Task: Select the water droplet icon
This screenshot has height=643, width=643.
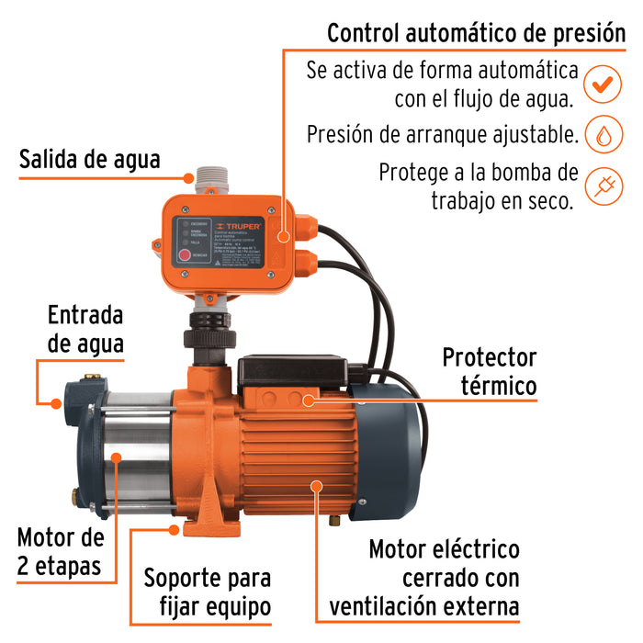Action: pyautogui.click(x=603, y=135)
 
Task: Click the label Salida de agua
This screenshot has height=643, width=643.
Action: pyautogui.click(x=90, y=159)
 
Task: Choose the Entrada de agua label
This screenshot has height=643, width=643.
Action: pyautogui.click(x=85, y=330)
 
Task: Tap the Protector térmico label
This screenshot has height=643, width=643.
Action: pyautogui.click(x=489, y=371)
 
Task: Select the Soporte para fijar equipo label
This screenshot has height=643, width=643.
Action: pyautogui.click(x=208, y=592)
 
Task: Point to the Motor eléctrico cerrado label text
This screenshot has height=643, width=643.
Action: pyautogui.click(x=445, y=578)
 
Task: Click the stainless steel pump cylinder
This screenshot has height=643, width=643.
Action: pyautogui.click(x=138, y=450)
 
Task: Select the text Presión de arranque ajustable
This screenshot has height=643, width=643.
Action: pyautogui.click(x=443, y=135)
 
